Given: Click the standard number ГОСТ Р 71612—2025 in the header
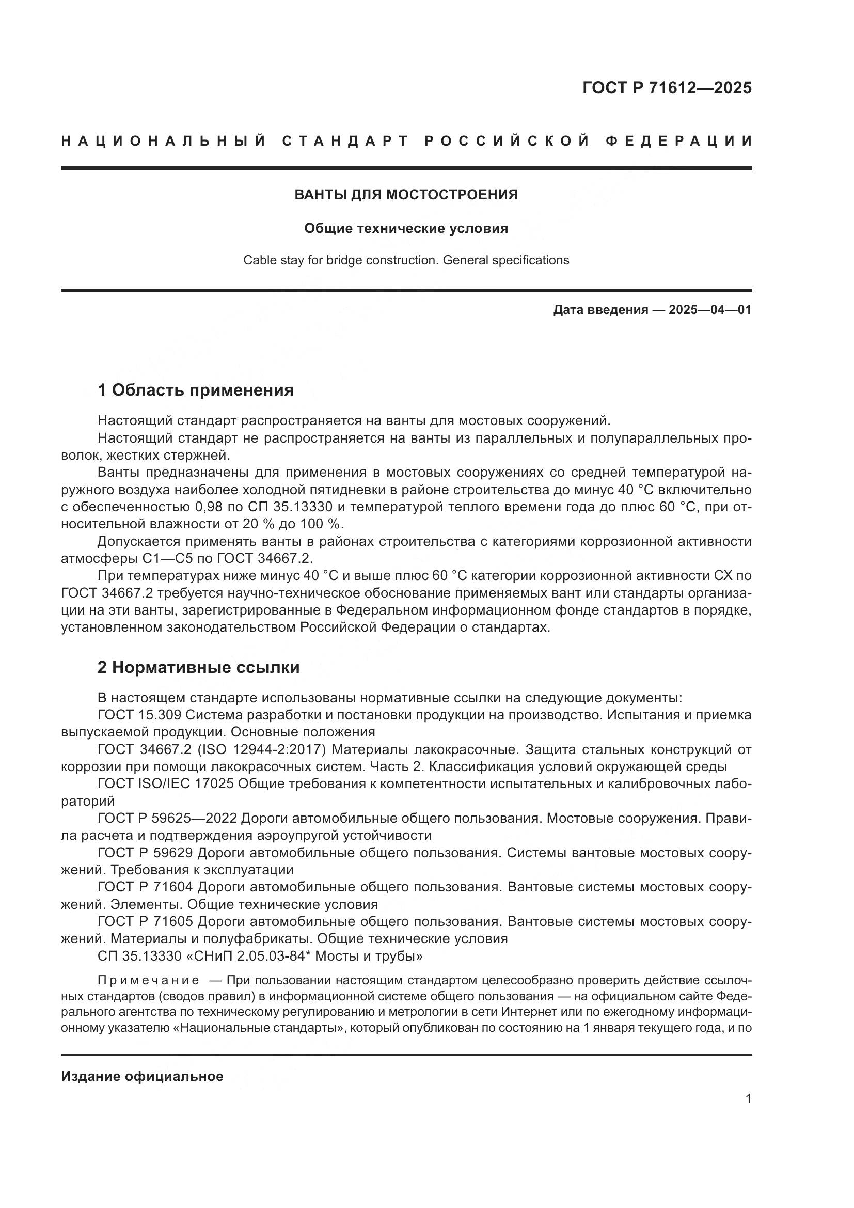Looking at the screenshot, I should pos(667,88).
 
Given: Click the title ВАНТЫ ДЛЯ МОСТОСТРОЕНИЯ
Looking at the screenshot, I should pos(406,195).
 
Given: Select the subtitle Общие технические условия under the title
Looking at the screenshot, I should pos(406,228).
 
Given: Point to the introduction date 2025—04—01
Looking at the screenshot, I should pos(710,310).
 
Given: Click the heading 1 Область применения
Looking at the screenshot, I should pos(195,390).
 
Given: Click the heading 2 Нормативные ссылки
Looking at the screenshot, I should pos(198,667).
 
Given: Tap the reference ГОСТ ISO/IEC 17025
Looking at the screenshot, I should pos(166,784).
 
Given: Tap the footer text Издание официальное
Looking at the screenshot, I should pos(142,1076).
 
